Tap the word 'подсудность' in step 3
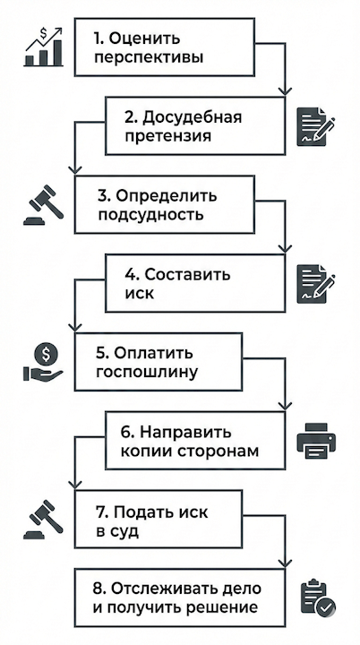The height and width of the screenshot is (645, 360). point(150,215)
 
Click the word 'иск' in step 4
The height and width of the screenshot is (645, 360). point(132,293)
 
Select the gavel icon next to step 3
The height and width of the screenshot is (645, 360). point(42,207)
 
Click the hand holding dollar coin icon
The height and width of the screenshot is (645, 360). point(43,362)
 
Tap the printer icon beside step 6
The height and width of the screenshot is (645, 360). point(315,441)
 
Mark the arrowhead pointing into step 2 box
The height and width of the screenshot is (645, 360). point(287,92)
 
